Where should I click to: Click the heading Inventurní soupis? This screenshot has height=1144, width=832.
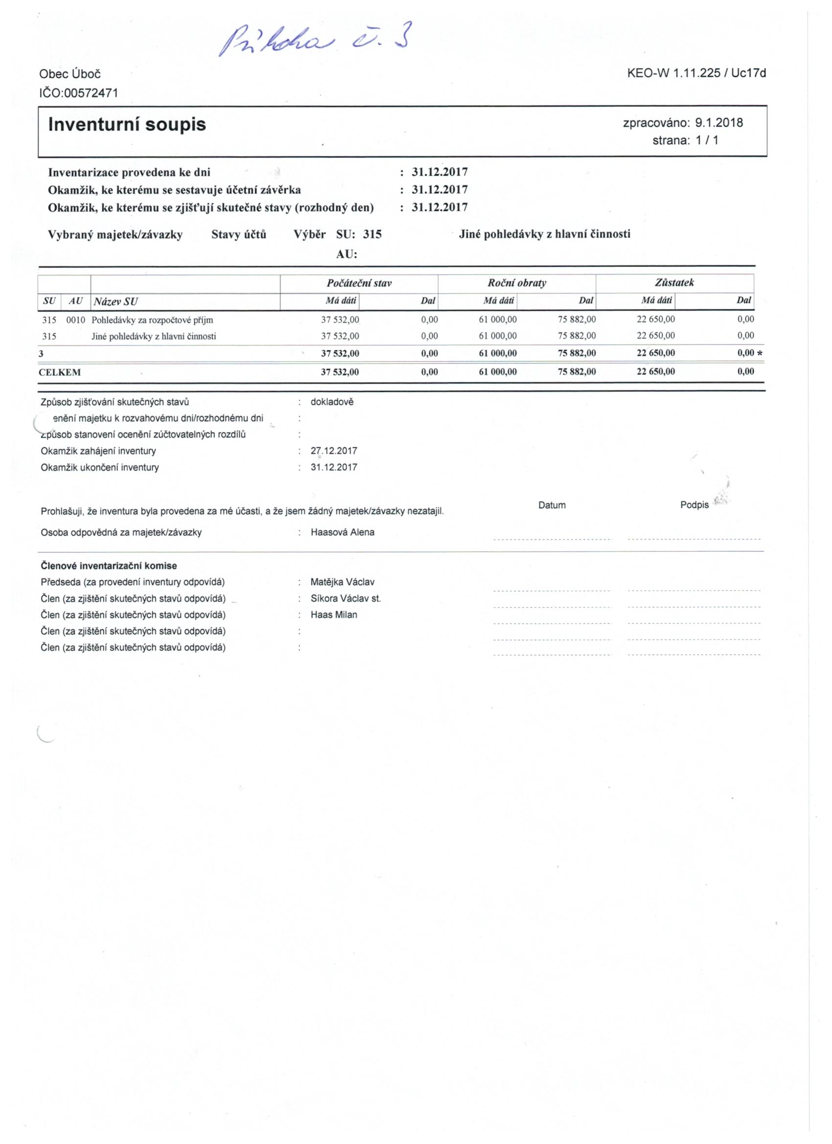[x=127, y=125]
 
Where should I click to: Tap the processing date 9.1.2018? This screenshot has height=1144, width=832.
[x=718, y=122]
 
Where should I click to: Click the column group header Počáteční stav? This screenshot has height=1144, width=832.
[x=359, y=283]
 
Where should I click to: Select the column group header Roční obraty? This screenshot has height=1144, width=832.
[x=517, y=283]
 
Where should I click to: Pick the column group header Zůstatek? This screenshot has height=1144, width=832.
[x=674, y=283]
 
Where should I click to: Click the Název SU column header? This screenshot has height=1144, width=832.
[x=116, y=301]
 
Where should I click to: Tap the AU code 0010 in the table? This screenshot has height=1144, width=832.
[x=76, y=320]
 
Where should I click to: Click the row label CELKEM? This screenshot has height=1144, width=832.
[x=60, y=372]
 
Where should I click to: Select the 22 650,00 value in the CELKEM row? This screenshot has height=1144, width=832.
[x=655, y=372]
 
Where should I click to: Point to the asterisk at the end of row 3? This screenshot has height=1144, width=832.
[x=760, y=354]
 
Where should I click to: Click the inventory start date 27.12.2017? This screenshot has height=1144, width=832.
[x=333, y=451]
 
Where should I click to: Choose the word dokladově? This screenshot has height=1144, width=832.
[x=332, y=402]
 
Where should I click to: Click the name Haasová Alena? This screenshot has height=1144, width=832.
[x=343, y=532]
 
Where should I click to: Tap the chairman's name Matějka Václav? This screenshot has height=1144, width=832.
[x=343, y=582]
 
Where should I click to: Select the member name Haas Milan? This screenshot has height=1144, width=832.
[x=333, y=615]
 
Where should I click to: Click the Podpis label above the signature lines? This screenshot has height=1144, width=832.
[x=694, y=505]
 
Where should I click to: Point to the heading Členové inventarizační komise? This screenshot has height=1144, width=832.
[x=109, y=566]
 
